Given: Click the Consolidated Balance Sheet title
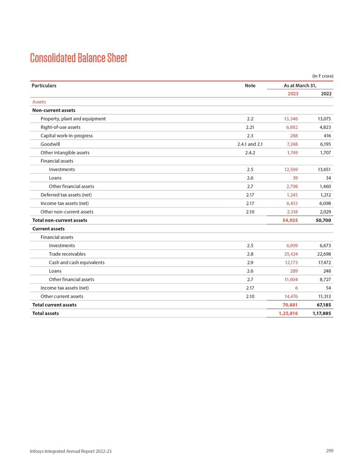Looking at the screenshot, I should tap(78, 58).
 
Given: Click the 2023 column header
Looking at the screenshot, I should tap(292, 94).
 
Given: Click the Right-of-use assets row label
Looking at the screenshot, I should tap(60, 127).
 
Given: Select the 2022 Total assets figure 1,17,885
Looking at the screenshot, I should tap(322, 313).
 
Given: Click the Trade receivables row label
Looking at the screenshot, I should tap(67, 254).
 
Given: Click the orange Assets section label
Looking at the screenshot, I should tap(39, 102).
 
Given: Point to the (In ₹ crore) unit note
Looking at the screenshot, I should tap(322, 76).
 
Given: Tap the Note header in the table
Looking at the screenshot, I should tap(250, 85).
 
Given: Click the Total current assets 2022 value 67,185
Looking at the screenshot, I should tap(324, 305).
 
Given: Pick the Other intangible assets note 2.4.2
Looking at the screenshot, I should tap(250, 153).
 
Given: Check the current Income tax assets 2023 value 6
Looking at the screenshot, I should tap(297, 288).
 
